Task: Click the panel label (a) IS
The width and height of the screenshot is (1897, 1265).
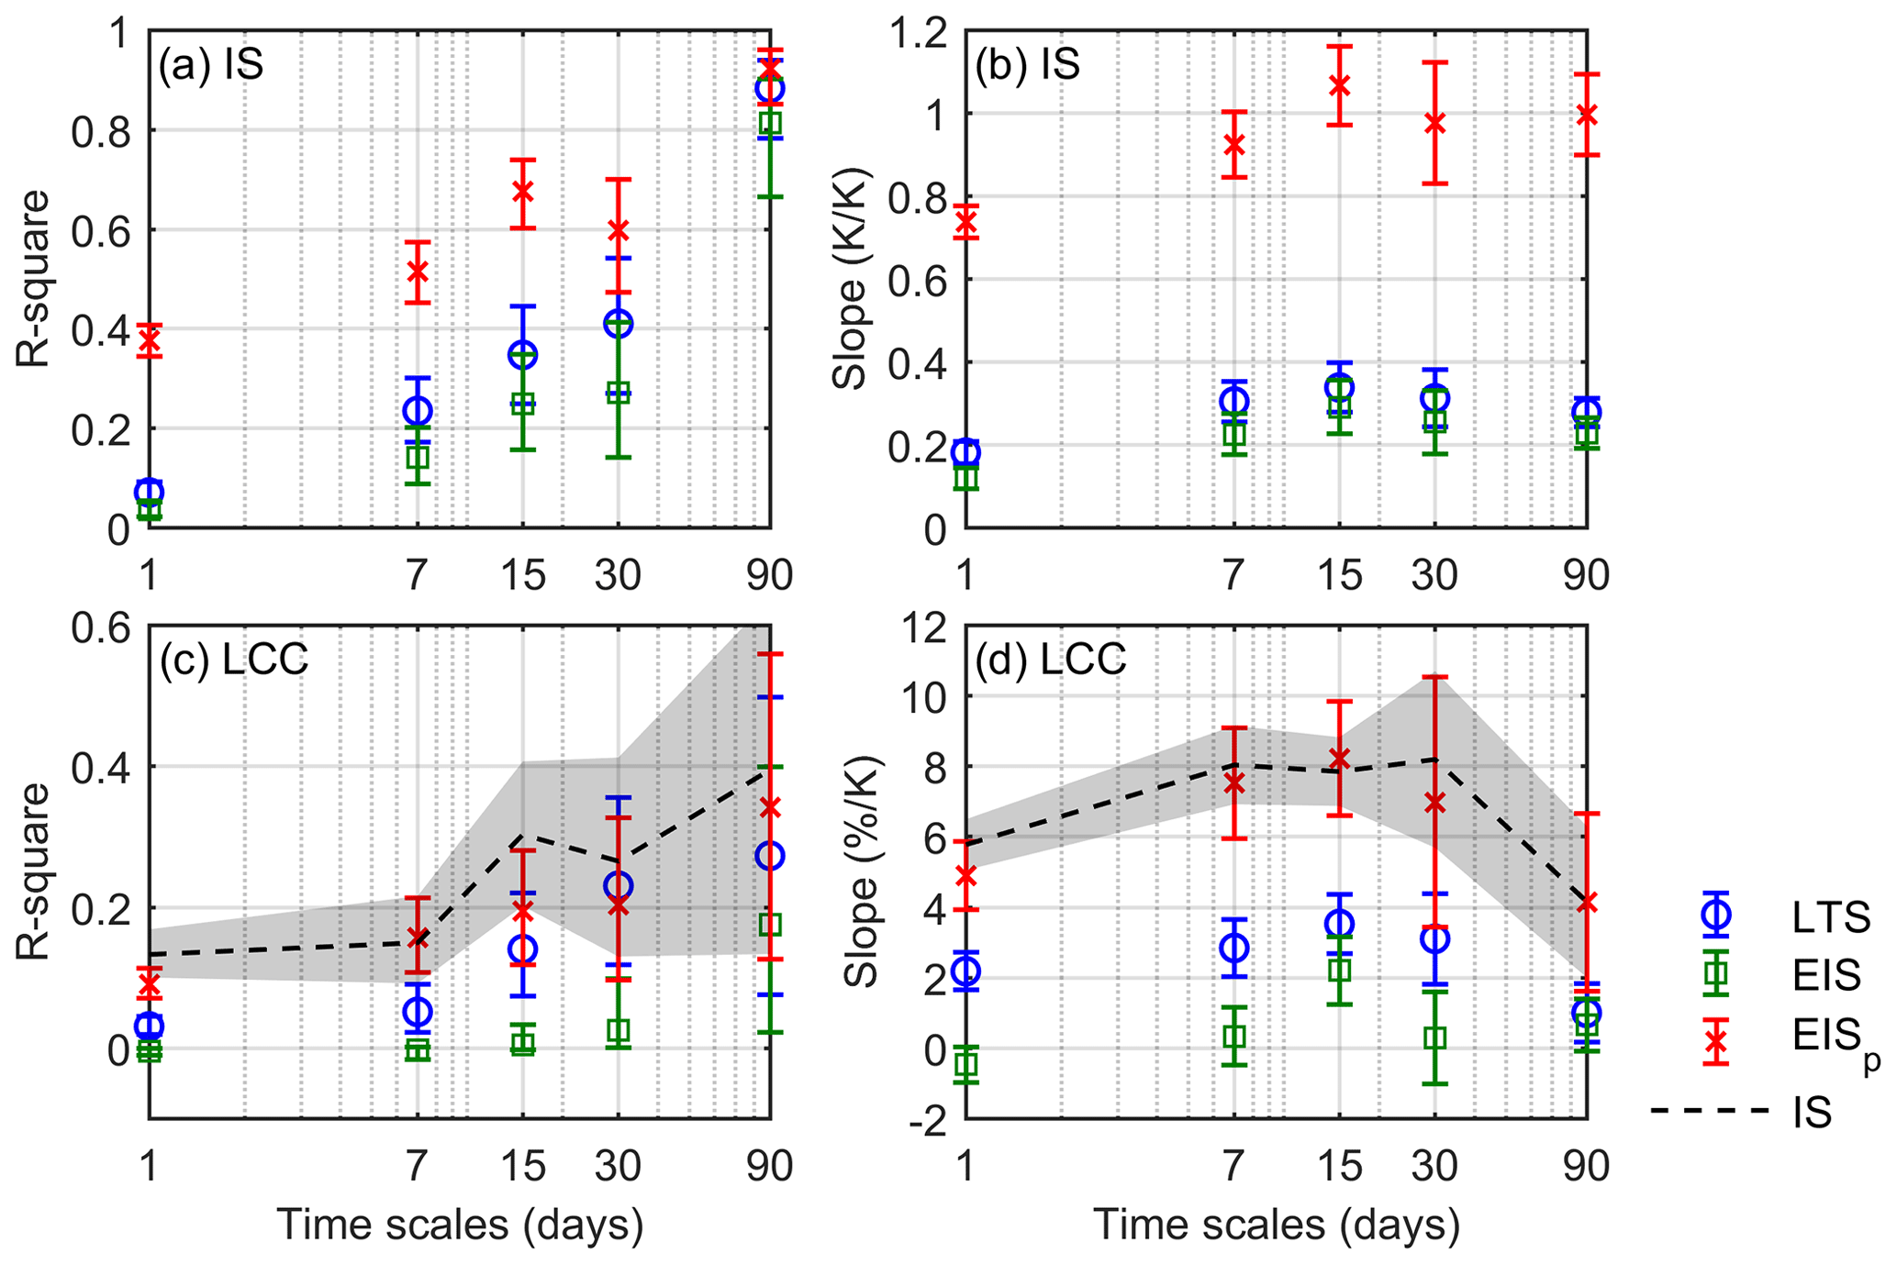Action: click(211, 65)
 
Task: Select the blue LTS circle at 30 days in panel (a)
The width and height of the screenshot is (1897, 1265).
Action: click(618, 323)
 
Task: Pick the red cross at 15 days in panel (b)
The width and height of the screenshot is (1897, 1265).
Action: click(1339, 85)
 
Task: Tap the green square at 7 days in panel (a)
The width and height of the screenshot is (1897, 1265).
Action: click(418, 456)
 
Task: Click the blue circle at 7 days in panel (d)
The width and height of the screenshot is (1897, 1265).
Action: click(1234, 948)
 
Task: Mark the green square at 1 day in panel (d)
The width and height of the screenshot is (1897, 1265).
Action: click(965, 1065)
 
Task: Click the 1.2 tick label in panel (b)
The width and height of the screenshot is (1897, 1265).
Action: click(921, 33)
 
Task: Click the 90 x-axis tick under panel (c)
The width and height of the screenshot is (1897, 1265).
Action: click(768, 1166)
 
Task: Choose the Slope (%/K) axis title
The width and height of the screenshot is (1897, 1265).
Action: click(861, 871)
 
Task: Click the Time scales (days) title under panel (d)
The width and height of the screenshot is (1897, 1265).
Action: click(1275, 1225)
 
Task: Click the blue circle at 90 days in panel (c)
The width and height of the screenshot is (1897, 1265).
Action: click(770, 856)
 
